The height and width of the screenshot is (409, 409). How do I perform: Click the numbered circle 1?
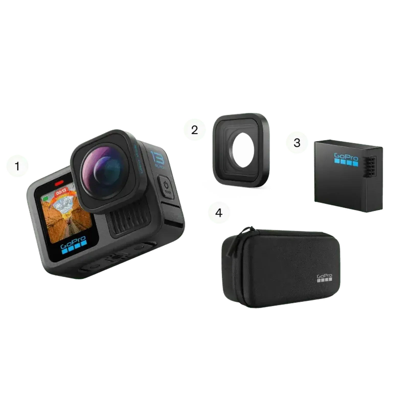click(x=17, y=166)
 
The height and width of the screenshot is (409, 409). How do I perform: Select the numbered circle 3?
click(x=297, y=143)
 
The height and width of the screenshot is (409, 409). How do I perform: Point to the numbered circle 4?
click(x=219, y=212)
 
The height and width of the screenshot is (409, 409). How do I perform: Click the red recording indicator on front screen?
click(x=59, y=183)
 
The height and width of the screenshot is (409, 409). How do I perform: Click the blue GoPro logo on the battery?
click(x=346, y=160)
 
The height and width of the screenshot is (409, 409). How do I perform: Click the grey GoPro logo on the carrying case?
click(x=324, y=278)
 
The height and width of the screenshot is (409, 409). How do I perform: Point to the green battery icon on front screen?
click(x=46, y=198)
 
